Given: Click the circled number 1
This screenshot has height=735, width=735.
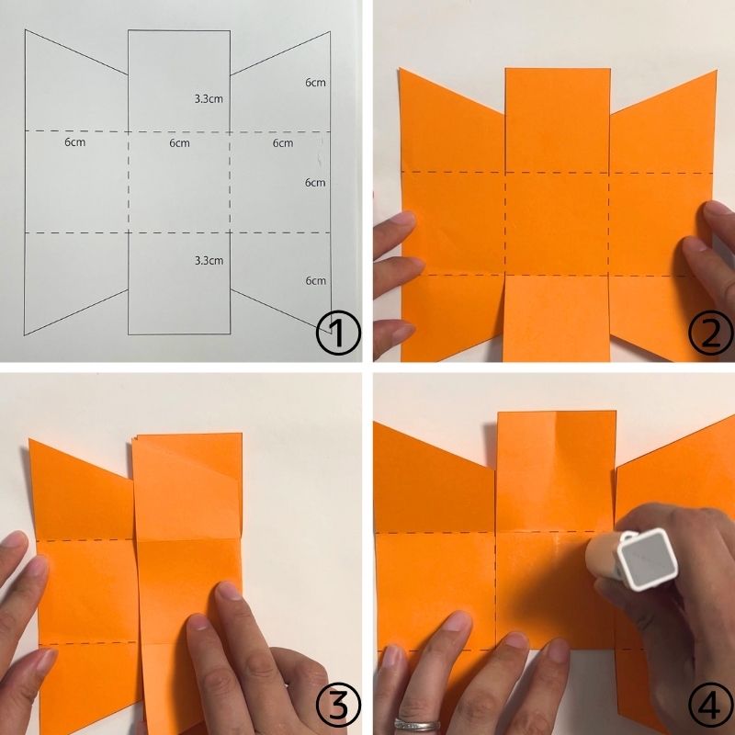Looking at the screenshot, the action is (338, 332).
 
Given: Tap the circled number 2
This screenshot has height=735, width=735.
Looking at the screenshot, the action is (710, 332).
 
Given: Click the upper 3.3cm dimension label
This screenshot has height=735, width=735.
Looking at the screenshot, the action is (209, 99).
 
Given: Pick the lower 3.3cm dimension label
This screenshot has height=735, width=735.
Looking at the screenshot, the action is (209, 260).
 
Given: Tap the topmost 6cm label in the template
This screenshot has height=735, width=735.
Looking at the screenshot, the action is (315, 83).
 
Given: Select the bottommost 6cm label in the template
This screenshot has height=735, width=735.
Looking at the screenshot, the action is (315, 281).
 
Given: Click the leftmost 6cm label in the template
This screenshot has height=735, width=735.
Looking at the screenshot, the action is (75, 141).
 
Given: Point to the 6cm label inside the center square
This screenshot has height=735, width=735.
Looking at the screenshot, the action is (179, 143).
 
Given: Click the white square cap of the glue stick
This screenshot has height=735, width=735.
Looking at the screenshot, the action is (648, 559).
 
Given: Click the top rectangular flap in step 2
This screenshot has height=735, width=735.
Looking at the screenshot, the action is (558, 120).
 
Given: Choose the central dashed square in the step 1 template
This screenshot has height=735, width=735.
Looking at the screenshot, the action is (179, 182).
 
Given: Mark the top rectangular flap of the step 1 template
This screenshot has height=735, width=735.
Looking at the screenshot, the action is (179, 81).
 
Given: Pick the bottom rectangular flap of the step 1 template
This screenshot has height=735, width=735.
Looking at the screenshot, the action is (179, 283).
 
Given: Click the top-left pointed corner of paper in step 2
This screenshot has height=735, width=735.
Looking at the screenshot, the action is (400, 69).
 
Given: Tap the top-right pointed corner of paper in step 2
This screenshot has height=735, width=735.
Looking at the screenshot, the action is (717, 71).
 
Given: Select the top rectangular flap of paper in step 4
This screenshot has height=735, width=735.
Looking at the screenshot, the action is (556, 471).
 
